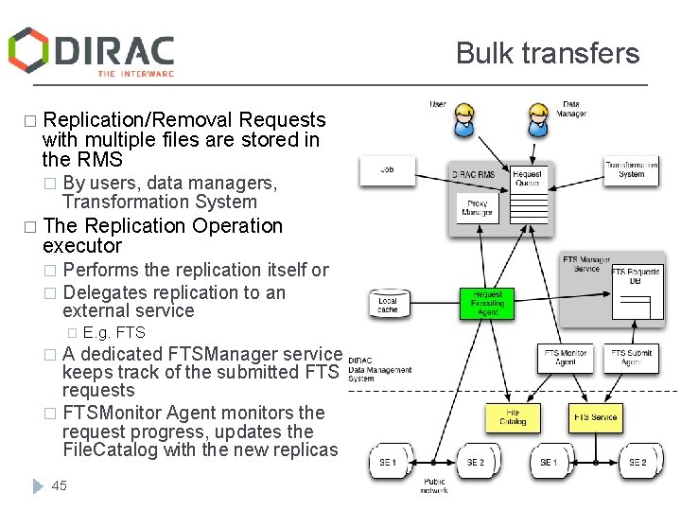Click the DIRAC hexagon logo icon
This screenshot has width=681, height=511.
[29, 49]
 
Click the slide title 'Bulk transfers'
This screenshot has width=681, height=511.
[548, 53]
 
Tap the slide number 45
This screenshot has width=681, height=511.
[60, 485]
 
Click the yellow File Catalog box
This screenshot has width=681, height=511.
[512, 416]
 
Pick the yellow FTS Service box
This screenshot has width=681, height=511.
[596, 416]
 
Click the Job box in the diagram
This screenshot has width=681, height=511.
[387, 170]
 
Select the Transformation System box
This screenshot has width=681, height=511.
[631, 169]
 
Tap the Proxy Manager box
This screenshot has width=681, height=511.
[477, 208]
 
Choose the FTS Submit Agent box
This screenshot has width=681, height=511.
[631, 358]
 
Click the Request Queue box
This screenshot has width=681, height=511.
[527, 178]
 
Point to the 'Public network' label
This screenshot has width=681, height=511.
[435, 486]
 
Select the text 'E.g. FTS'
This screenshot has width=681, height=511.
[114, 332]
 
